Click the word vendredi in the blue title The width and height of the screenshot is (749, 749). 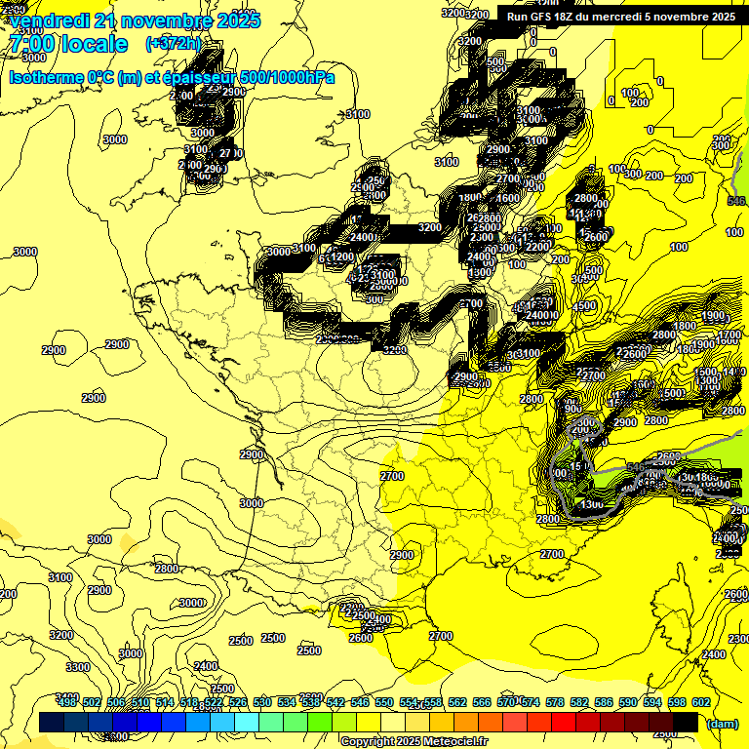pyautogui.click(x=50, y=20)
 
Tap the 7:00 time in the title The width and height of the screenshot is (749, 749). pyautogui.click(x=32, y=44)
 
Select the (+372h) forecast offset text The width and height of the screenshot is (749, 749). pyautogui.click(x=173, y=44)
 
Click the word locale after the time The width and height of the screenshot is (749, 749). pyautogui.click(x=95, y=44)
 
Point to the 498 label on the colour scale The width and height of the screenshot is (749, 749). pyautogui.click(x=66, y=702)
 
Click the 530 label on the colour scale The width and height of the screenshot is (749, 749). pyautogui.click(x=262, y=702)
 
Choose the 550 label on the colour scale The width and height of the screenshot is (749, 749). pyautogui.click(x=384, y=702)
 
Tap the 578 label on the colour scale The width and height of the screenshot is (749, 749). pyautogui.click(x=555, y=702)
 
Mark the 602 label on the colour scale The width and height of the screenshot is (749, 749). pyautogui.click(x=701, y=702)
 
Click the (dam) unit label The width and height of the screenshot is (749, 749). pyautogui.click(x=721, y=724)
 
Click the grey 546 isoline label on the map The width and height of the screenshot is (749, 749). pyautogui.click(x=738, y=201)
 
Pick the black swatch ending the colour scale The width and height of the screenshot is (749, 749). pyautogui.click(x=686, y=723)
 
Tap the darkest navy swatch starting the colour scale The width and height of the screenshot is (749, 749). pyautogui.click(x=52, y=723)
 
